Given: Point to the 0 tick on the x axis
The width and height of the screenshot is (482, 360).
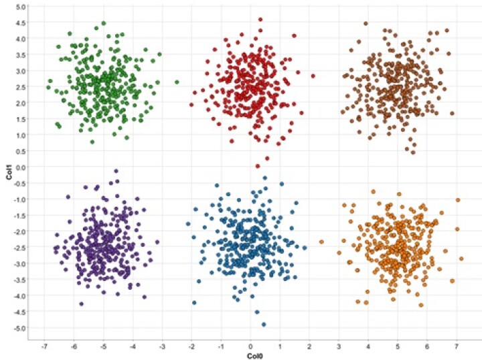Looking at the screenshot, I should coord(250,347).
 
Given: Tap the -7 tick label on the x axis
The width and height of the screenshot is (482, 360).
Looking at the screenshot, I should coord(44,347).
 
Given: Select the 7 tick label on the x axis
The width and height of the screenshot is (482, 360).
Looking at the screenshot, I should coord(457,347).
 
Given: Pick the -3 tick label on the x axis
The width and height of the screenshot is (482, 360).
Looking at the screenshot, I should coord(161,347).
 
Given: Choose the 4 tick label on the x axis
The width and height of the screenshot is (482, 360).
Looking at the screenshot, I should coord(368,347).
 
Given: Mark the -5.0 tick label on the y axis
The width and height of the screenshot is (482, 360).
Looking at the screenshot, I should coord(20,328).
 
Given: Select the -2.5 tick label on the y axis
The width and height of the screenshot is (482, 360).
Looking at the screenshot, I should coord(20,248).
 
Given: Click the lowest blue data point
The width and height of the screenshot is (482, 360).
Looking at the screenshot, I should coord(264,325).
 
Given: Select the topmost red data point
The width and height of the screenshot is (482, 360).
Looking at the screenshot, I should coord(260,20).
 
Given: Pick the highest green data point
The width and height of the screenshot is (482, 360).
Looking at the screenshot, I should coord(103,23).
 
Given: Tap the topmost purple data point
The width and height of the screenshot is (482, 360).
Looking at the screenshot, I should coord(116,171).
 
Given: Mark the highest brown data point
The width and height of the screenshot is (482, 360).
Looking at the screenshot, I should coord(366,23).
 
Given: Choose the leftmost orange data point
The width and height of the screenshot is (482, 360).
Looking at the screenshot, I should coord(321,242).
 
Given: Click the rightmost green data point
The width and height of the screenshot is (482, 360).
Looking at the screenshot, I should coord(177,82).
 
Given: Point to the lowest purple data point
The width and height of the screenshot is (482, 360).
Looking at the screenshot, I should coord(82,304).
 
